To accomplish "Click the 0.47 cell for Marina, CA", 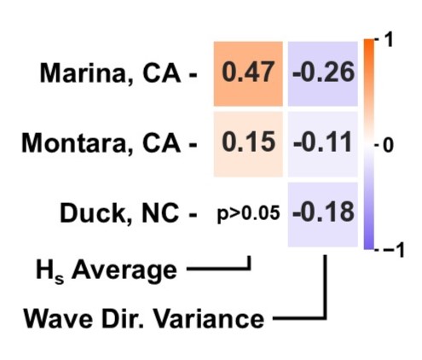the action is pos(248,74).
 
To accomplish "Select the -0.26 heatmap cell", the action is pos(323,74).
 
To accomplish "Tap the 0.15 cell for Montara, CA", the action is pos(248,144).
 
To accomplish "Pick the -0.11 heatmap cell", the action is pos(323,144).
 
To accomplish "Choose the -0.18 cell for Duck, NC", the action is pos(323,215).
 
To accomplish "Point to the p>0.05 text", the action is pos(249,213).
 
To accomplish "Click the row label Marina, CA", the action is pos(110,73).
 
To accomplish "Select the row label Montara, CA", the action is pos(101,143).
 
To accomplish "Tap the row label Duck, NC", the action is pos(119,213).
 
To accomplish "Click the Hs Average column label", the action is pos(107,270).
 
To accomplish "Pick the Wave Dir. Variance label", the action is pos(144,318).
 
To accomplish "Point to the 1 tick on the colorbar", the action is pos(388,39).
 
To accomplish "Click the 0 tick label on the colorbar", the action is pos(388,146).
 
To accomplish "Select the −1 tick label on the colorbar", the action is pos(394,250).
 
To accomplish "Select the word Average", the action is pos(124,270).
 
